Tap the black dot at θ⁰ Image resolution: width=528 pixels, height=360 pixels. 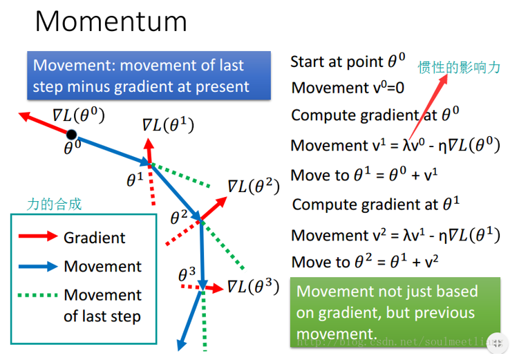(x=72, y=134)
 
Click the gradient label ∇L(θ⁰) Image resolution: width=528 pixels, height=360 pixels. (x=78, y=115)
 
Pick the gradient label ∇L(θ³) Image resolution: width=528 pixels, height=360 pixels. (x=253, y=285)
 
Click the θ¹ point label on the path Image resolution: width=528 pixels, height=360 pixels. (x=135, y=180)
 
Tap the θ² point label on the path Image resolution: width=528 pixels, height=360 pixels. (x=179, y=218)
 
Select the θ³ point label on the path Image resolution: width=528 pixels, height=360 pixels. (x=187, y=274)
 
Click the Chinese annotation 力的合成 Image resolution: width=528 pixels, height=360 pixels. (x=54, y=204)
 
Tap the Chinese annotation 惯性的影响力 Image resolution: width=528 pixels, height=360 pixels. (x=458, y=67)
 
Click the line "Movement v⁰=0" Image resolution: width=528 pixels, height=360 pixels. (x=348, y=88)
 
